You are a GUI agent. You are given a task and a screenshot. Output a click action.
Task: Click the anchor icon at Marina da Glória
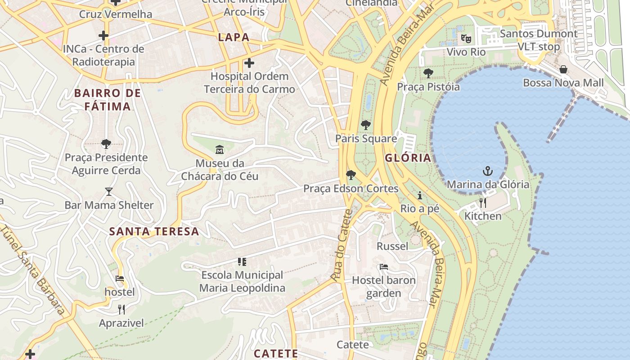[x=487, y=171]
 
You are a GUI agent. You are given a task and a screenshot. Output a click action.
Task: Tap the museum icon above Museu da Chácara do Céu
[x=220, y=149]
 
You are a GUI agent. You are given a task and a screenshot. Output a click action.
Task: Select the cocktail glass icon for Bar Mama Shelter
[x=108, y=192]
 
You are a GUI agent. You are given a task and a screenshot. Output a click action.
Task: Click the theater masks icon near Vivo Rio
[x=466, y=39]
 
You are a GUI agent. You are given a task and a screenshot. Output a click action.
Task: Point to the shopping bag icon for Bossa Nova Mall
[x=563, y=69]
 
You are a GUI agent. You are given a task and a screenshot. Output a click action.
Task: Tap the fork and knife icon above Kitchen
[x=483, y=202]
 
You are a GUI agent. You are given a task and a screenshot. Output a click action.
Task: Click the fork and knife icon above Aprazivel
[x=121, y=309]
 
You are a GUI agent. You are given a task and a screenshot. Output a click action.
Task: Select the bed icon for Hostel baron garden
[x=383, y=267]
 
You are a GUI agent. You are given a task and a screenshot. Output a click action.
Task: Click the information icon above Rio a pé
[x=420, y=195]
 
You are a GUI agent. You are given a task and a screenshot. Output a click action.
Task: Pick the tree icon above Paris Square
[x=366, y=125]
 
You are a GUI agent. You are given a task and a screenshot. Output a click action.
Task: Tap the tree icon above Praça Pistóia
[x=428, y=73]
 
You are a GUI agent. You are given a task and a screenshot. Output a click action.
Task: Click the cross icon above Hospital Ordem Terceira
[x=249, y=63]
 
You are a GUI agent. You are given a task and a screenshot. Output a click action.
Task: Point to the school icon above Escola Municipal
[x=242, y=261]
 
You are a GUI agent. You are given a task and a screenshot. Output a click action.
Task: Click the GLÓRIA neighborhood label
[x=408, y=158]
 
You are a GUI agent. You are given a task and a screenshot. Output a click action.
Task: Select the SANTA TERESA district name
[x=154, y=231]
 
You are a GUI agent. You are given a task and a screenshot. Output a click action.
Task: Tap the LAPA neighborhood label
[x=234, y=37]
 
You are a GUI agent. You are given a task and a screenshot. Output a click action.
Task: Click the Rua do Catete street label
[x=341, y=245]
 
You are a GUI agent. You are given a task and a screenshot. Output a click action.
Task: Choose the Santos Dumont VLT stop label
[x=539, y=40]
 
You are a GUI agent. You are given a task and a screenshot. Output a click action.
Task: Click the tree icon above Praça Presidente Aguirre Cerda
[x=106, y=144]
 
